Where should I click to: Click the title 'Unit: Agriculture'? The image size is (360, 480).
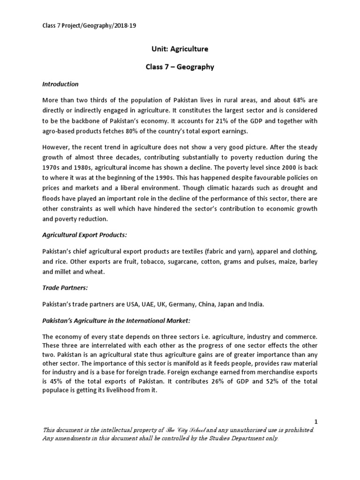point(180,49)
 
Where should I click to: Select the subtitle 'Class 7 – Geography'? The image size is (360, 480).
point(180,67)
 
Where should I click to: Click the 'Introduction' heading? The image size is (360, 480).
point(60,84)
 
